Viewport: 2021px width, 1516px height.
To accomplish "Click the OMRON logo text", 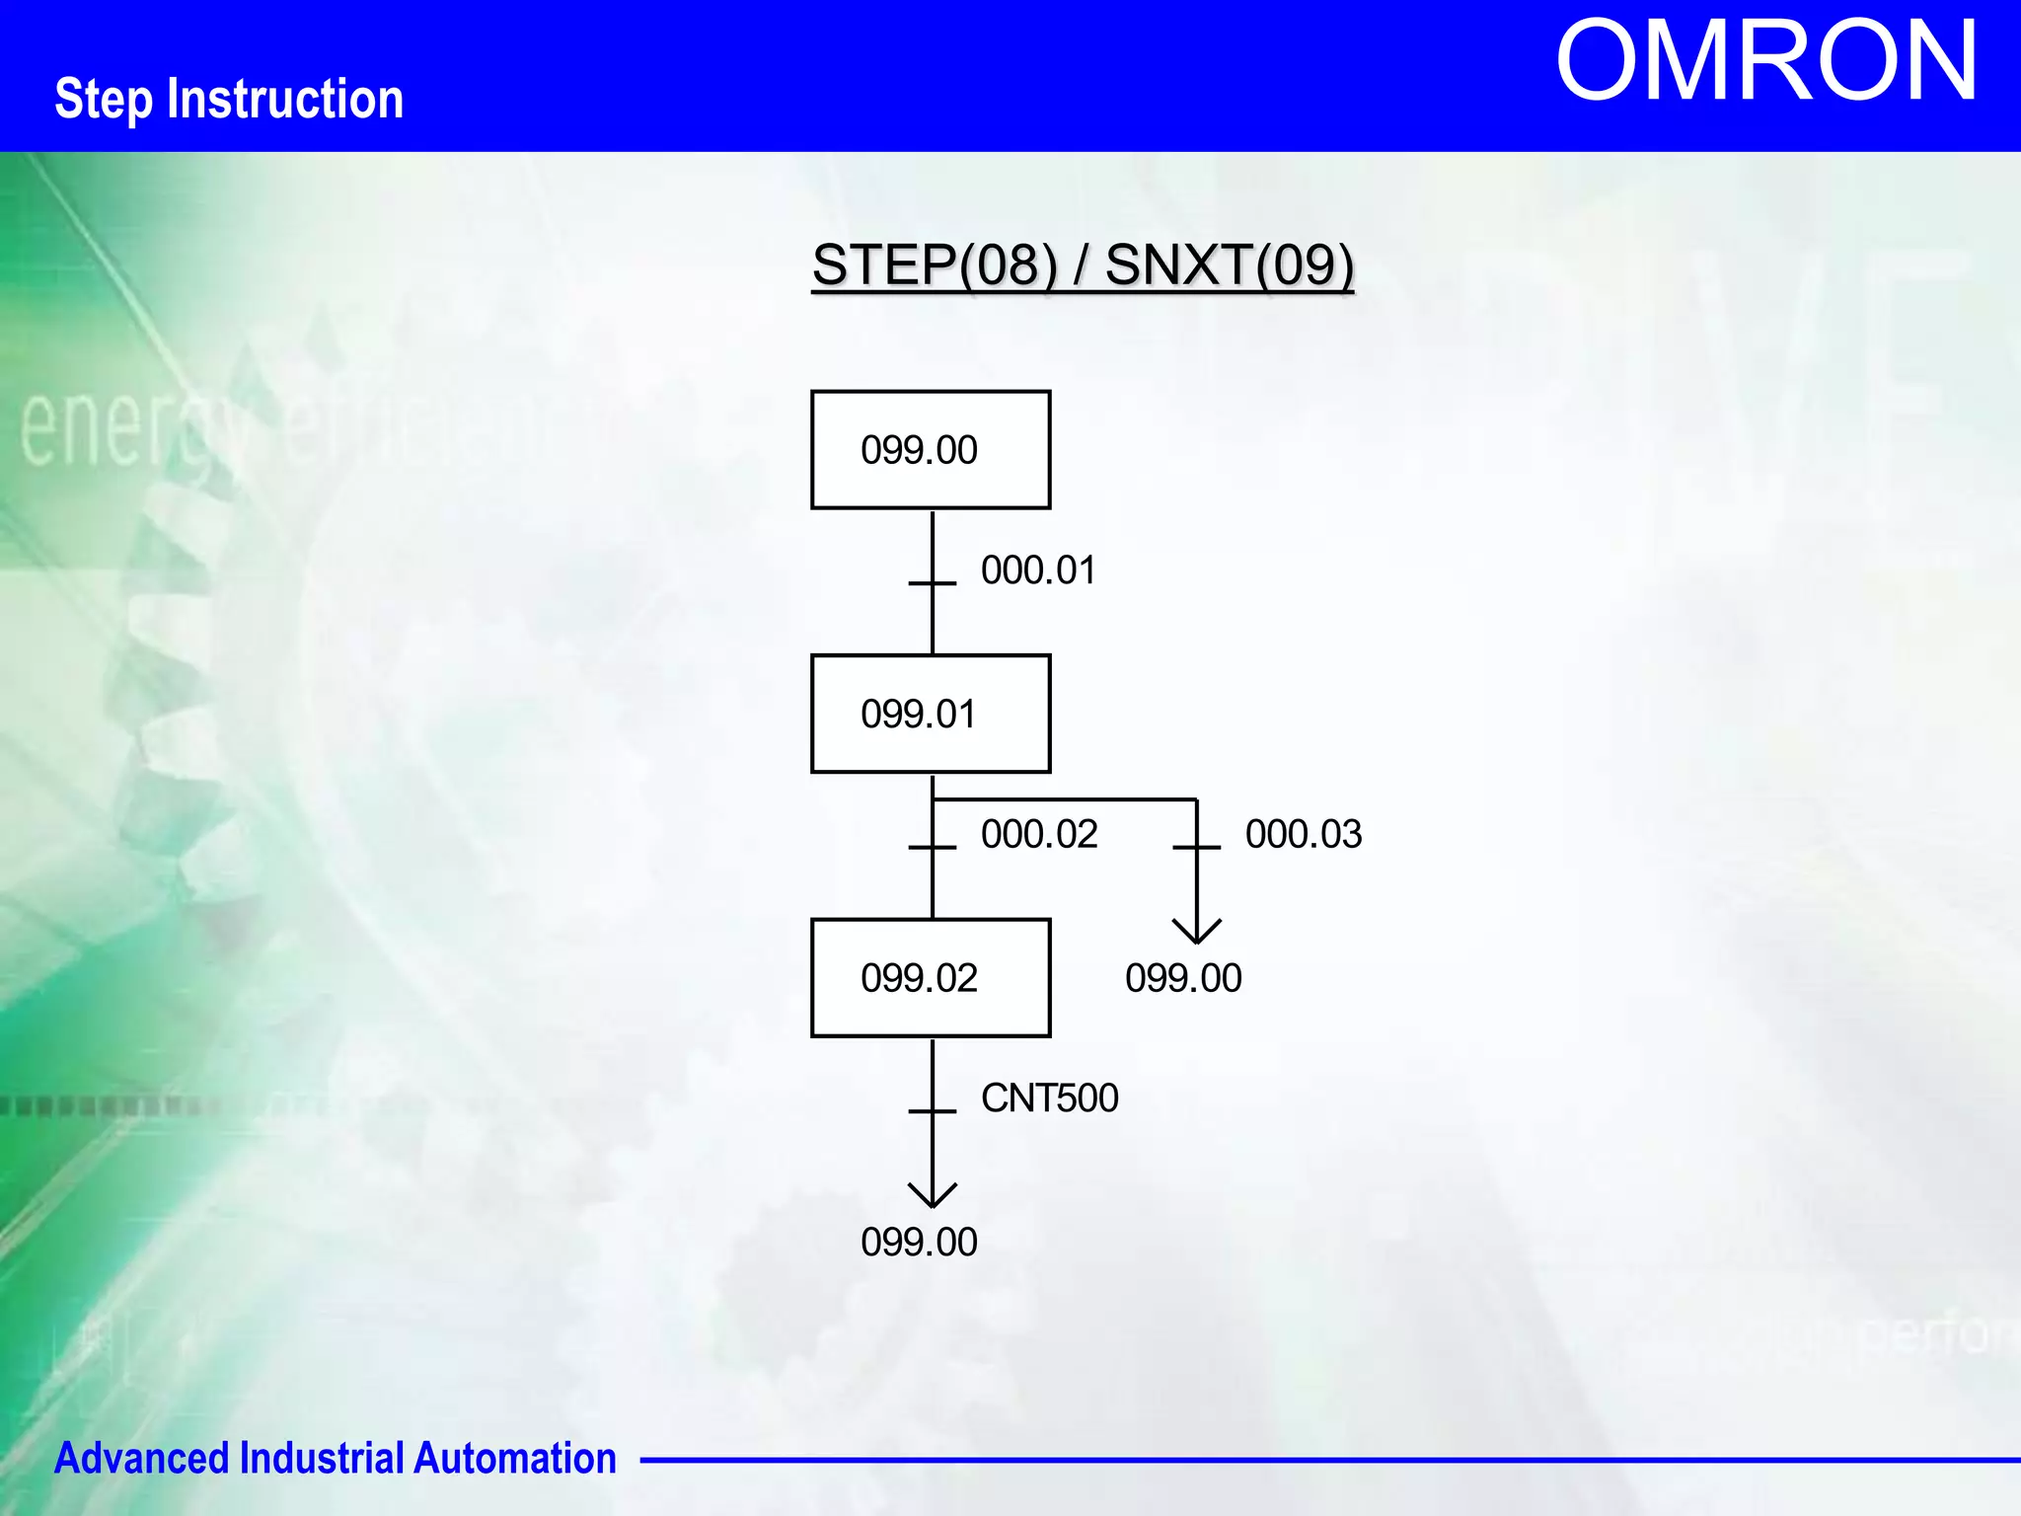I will point(1766,62).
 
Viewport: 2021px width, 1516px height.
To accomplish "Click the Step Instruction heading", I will point(229,99).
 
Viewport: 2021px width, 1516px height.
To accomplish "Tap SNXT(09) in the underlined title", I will point(1229,265).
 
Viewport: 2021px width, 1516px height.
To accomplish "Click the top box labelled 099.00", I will point(931,450).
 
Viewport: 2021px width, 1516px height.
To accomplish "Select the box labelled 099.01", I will point(931,714).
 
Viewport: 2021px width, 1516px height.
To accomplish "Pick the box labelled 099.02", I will point(931,978).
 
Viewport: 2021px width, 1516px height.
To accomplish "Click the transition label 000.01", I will point(1038,570).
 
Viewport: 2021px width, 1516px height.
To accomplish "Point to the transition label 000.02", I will point(1039,835).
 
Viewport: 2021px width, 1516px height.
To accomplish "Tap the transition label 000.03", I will point(1304,835).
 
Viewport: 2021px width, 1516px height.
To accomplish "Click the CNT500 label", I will point(1049,1099).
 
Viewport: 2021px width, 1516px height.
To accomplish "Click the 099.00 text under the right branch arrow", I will point(1183,978).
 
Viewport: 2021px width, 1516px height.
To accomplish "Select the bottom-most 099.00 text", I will point(919,1242).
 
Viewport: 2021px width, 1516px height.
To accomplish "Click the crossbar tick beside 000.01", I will point(933,583).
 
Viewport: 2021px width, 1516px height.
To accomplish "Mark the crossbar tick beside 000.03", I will point(1197,847).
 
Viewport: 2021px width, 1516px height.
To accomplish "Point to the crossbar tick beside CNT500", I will point(933,1111).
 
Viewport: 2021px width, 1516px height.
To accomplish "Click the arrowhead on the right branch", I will point(1197,932).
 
